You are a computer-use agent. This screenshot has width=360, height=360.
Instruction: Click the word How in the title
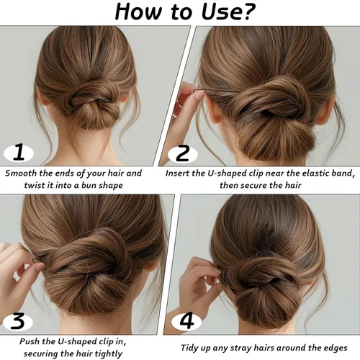click(x=138, y=12)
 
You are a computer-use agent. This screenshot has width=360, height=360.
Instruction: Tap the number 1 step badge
click(x=19, y=153)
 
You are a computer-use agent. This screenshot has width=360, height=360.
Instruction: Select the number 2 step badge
click(x=183, y=153)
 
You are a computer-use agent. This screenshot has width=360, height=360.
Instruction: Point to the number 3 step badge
click(x=18, y=321)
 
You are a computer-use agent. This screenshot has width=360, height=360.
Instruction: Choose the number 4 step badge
click(x=186, y=321)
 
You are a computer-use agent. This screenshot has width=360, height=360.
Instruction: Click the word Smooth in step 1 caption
click(x=21, y=173)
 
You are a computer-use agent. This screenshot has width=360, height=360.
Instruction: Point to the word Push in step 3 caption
click(x=28, y=341)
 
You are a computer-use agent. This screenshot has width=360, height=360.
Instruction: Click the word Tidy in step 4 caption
click(x=189, y=348)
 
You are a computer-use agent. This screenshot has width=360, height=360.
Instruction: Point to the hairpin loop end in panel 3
click(x=35, y=261)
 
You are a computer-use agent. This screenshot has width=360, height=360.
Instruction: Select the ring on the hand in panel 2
click(x=178, y=106)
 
